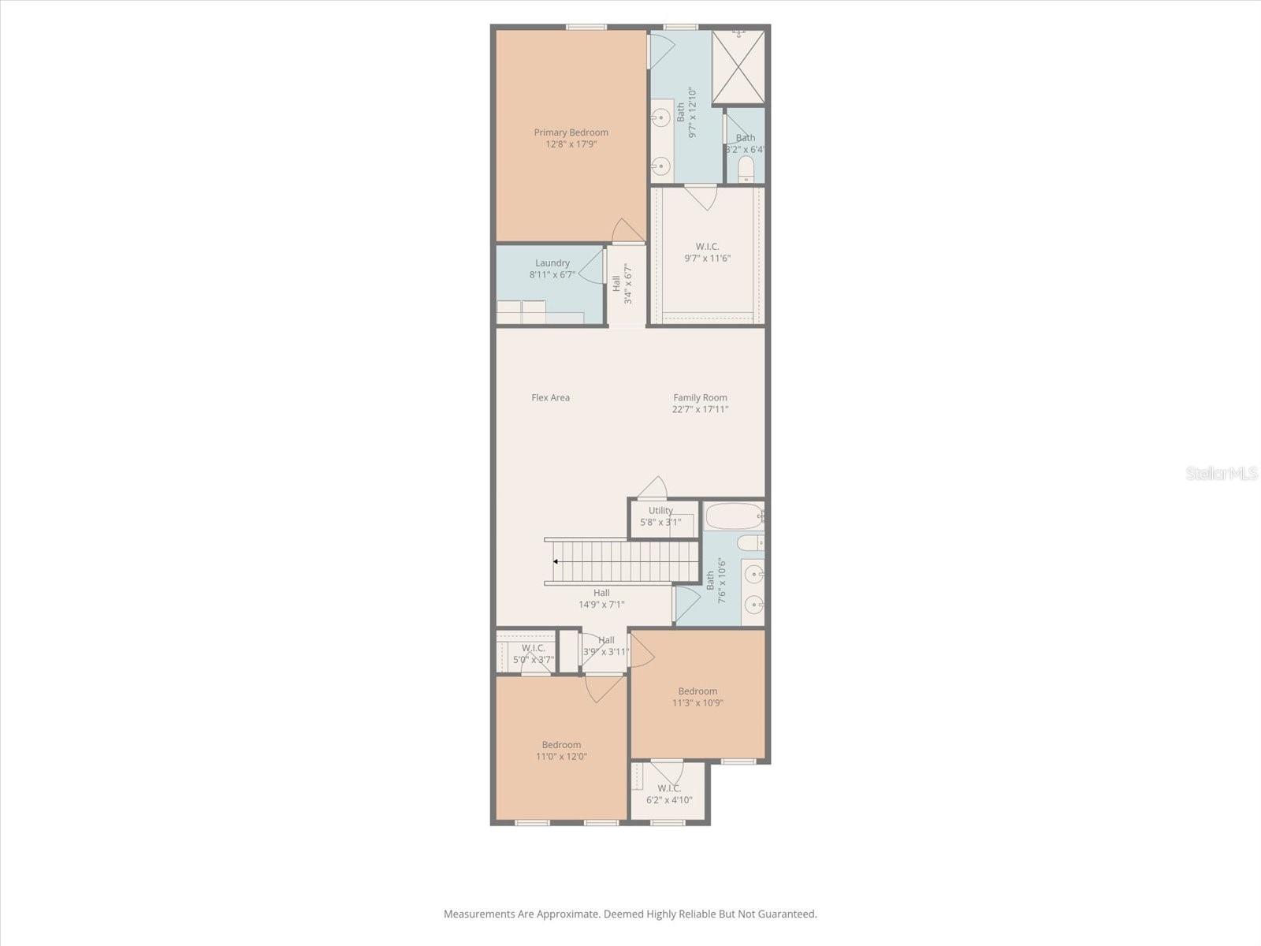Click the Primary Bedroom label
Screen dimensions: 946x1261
571,132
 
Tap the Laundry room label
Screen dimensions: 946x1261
552,263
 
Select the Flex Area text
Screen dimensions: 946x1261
550,397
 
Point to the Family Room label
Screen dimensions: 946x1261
700,397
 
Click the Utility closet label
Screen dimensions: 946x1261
660,510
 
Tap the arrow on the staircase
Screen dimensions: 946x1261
556,561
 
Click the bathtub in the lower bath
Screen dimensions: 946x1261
733,516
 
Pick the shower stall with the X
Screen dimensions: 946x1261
738,68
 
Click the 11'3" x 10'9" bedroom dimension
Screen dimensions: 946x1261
697,702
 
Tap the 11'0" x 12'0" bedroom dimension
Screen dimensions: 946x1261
561,756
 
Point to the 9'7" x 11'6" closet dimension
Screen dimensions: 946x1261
707,258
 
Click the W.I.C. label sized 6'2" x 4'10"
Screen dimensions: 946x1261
669,788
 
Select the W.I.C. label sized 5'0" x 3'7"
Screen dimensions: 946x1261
533,648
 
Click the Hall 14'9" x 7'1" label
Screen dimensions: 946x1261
601,593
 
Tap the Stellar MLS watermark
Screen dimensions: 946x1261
1221,474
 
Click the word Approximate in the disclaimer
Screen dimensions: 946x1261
567,914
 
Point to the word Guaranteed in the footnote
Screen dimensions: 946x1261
786,914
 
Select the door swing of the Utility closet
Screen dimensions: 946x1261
653,488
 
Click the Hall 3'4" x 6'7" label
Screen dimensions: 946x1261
616,283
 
